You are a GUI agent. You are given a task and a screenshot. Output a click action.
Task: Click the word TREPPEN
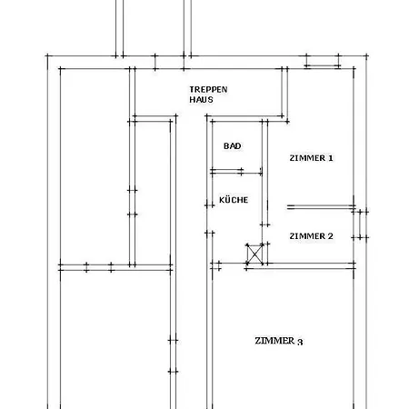[x=208, y=90]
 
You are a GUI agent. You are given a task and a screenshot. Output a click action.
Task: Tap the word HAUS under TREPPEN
[x=201, y=100]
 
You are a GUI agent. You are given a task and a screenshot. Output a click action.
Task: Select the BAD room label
[x=233, y=146]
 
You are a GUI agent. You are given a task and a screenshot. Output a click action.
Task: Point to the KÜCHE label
[x=234, y=200]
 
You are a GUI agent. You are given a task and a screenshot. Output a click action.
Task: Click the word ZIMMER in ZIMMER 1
[x=307, y=158]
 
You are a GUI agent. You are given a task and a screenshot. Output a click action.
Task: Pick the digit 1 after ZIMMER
[x=330, y=158]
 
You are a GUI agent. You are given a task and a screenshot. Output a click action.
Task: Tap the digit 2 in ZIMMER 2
[x=330, y=236]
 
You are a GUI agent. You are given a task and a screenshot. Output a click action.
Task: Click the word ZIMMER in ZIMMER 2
[x=307, y=236]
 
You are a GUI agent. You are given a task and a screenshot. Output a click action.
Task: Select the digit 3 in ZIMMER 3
[x=300, y=342]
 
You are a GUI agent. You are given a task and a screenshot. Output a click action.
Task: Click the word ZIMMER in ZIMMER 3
[x=274, y=341]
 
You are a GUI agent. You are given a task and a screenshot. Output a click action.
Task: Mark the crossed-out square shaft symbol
[x=254, y=254]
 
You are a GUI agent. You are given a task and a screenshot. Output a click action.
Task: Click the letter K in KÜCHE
[x=222, y=200]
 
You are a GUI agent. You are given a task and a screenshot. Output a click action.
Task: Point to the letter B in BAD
[x=226, y=146]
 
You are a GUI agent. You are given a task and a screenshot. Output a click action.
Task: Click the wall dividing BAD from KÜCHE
[x=236, y=172]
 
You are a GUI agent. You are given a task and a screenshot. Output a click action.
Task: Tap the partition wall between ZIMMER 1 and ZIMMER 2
[x=321, y=206]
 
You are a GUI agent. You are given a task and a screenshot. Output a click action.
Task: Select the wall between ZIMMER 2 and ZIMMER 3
[x=301, y=265]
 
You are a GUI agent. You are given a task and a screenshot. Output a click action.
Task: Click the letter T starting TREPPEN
[x=192, y=90]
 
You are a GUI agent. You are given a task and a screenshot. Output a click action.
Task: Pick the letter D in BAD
[x=239, y=146]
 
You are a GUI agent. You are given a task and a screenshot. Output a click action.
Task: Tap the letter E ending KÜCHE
[x=245, y=200]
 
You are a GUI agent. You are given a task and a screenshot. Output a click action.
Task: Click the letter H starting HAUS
[x=193, y=100]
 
